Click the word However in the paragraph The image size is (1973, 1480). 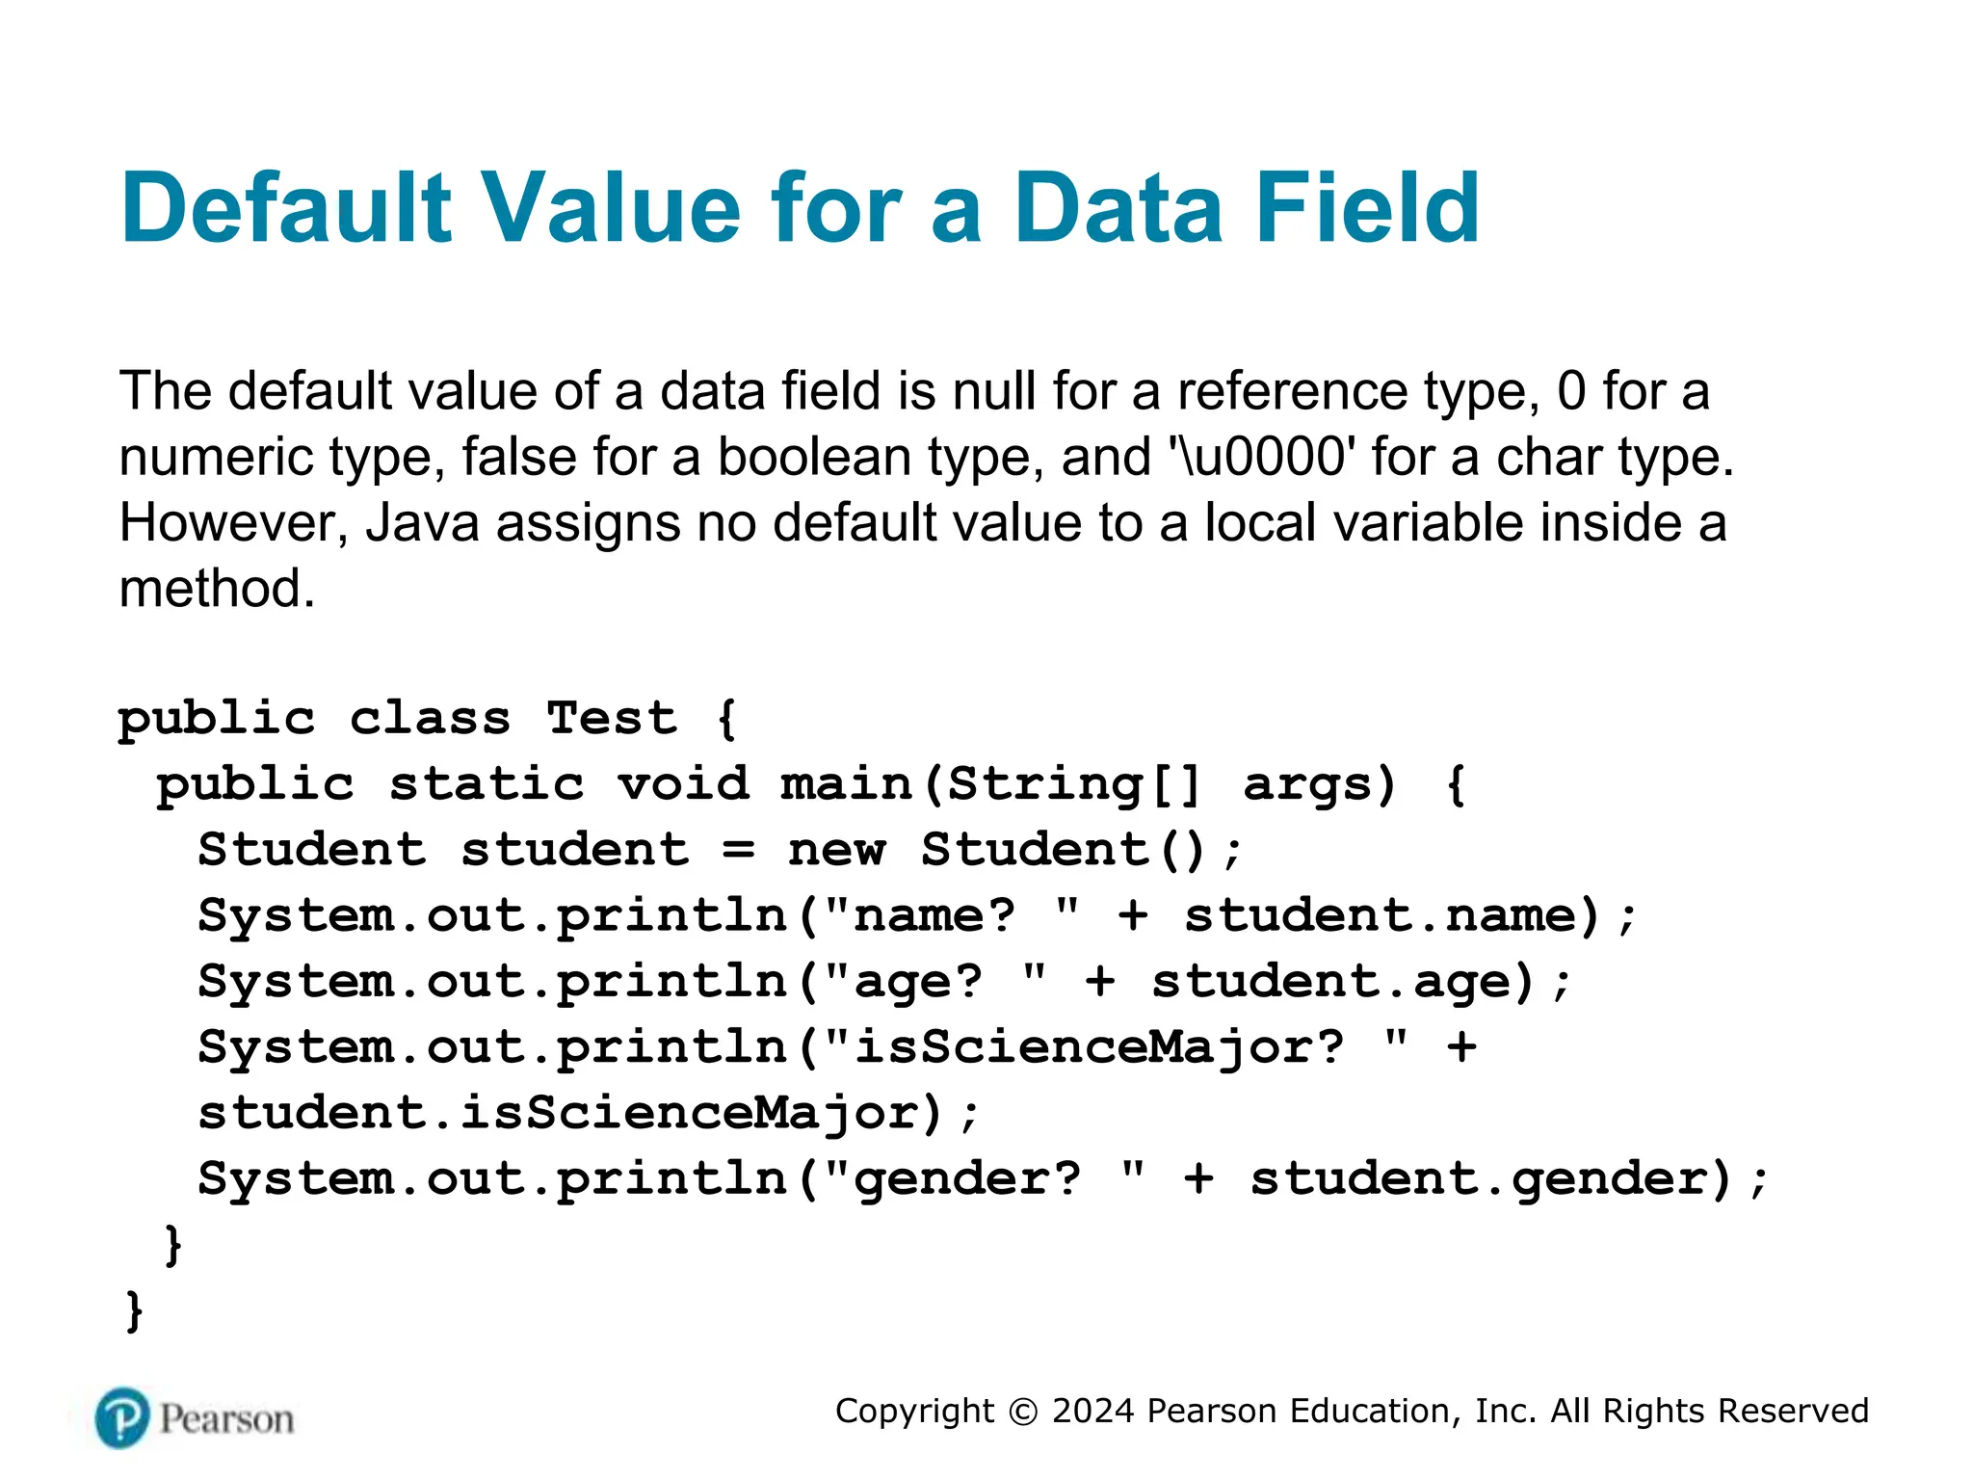pyautogui.click(x=232, y=523)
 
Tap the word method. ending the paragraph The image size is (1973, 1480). pyautogui.click(x=217, y=589)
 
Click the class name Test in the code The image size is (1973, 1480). pyautogui.click(x=612, y=719)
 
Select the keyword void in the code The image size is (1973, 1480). pyautogui.click(x=683, y=784)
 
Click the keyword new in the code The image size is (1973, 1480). pyautogui.click(x=836, y=850)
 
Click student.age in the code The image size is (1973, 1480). pyautogui.click(x=1343, y=982)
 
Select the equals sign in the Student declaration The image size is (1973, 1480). pyautogui.click(x=739, y=850)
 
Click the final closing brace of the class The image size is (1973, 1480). pyautogui.click(x=135, y=1311)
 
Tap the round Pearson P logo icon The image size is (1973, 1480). pyautogui.click(x=122, y=1418)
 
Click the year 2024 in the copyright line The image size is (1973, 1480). pyautogui.click(x=1093, y=1411)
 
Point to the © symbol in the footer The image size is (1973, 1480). pyautogui.click(x=1023, y=1412)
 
